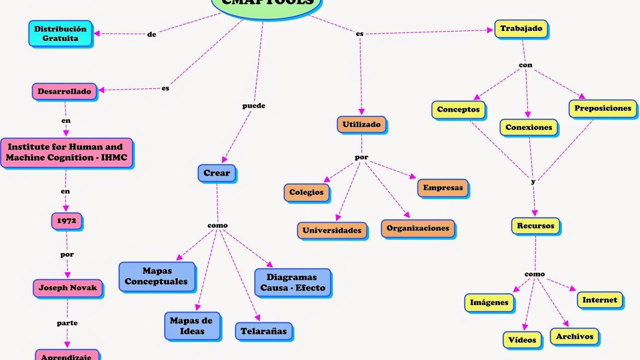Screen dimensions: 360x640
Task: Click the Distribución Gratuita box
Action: click(x=60, y=33)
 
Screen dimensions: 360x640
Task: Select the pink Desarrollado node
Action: click(x=64, y=91)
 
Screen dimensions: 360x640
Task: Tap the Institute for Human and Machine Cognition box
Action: click(x=66, y=152)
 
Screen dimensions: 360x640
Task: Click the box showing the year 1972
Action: click(x=66, y=220)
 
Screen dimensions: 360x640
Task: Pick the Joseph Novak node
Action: click(x=68, y=288)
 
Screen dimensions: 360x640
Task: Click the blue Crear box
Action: click(x=216, y=173)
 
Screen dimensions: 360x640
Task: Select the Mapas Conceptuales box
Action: click(x=156, y=276)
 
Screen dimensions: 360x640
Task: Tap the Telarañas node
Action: click(x=263, y=331)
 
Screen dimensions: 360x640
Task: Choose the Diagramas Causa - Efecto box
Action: click(x=292, y=282)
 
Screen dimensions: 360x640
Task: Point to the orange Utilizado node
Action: click(x=361, y=124)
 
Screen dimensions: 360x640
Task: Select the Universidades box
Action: click(x=332, y=230)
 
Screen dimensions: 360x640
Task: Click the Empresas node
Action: click(x=443, y=188)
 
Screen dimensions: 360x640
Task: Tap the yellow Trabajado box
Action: click(x=521, y=28)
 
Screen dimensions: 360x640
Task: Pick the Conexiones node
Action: click(x=528, y=127)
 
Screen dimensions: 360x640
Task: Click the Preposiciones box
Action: click(x=602, y=108)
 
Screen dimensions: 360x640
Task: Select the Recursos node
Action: click(x=535, y=225)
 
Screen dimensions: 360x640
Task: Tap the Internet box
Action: click(x=600, y=300)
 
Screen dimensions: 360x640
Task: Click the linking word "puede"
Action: click(x=254, y=106)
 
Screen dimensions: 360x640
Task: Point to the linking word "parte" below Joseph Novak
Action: click(x=67, y=323)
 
